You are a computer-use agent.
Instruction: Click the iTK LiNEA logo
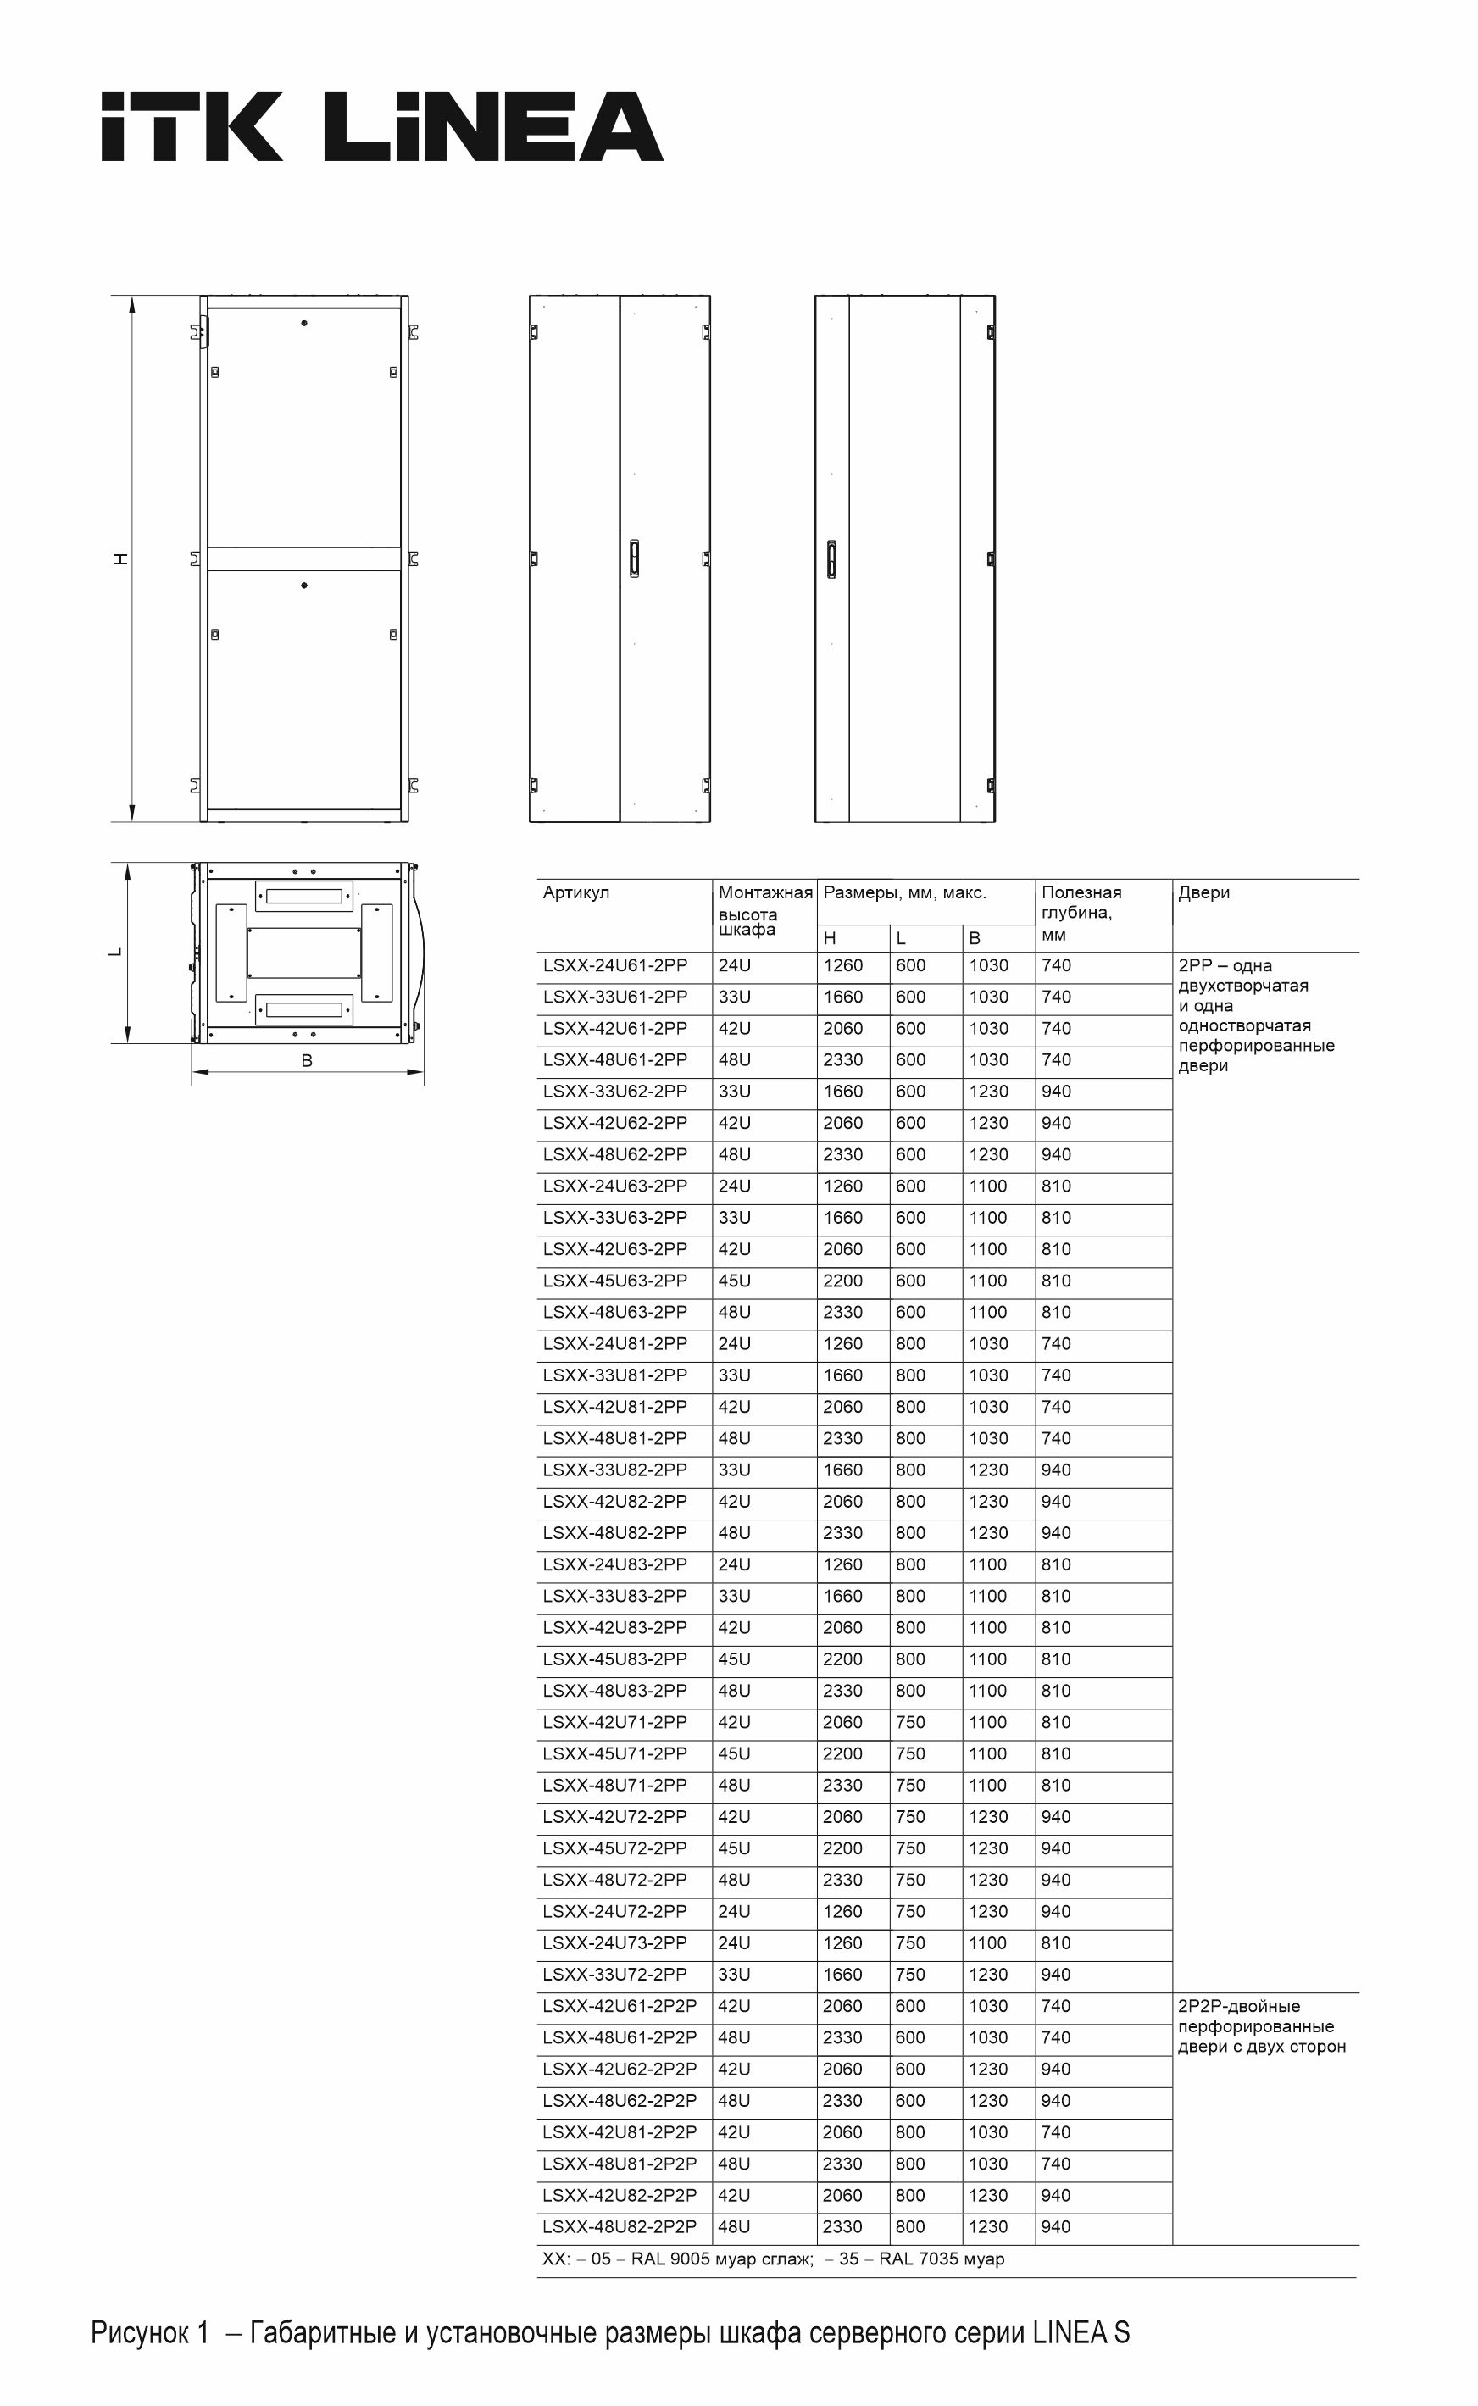[381, 127]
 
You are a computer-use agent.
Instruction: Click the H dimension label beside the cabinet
[121, 559]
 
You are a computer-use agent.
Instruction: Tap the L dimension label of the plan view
[115, 952]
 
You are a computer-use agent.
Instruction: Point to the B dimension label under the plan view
[306, 1060]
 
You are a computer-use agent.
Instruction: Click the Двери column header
[1203, 892]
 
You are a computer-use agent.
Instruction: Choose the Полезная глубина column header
[1081, 913]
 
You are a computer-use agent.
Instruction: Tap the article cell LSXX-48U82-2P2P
[620, 2226]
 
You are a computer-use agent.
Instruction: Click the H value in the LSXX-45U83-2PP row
[842, 1659]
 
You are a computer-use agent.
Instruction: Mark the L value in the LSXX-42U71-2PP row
[910, 1722]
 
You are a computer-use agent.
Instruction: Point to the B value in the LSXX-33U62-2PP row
[988, 1092]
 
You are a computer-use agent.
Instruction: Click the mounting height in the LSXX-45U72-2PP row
[734, 1848]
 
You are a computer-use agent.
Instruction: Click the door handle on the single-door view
[832, 560]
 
